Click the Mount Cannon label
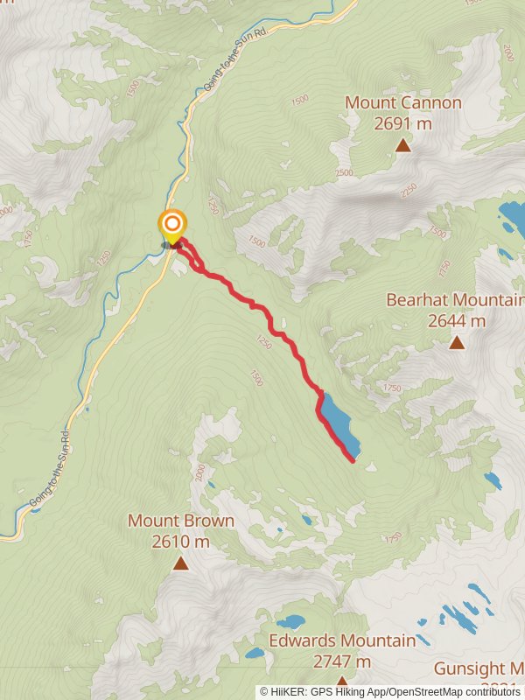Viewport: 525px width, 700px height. [402, 102]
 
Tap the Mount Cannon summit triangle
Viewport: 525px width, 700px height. [402, 145]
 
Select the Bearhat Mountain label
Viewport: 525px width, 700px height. [455, 300]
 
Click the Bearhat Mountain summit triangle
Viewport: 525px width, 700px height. [457, 342]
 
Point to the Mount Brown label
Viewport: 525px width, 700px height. [181, 521]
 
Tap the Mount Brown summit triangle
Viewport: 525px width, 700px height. [180, 563]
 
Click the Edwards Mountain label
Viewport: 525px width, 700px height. [342, 640]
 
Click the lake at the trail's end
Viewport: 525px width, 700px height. [338, 421]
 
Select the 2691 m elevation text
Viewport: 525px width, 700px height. [402, 123]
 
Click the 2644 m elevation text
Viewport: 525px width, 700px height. [457, 321]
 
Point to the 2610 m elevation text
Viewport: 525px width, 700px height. [181, 542]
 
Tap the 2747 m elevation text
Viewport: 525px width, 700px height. [342, 661]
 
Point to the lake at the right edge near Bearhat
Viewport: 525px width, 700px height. [512, 214]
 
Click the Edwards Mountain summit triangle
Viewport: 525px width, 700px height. [341, 681]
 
